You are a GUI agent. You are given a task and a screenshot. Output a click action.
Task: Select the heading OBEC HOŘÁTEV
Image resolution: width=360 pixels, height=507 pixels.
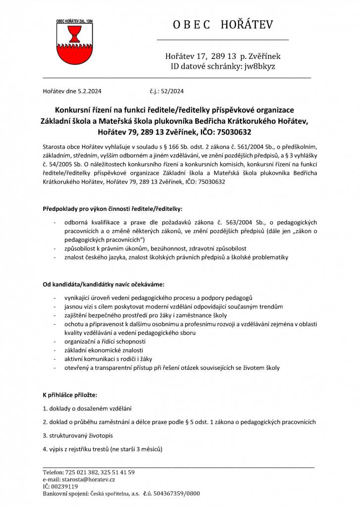tap(223, 25)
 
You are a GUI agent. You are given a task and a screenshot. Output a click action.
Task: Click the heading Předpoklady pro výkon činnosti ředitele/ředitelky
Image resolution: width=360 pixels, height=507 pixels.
tap(112, 209)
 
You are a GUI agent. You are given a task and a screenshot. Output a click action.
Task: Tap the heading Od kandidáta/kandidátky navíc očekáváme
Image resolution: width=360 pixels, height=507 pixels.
tap(103, 285)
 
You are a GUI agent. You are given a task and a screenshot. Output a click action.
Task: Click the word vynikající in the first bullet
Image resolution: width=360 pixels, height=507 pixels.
tap(79, 298)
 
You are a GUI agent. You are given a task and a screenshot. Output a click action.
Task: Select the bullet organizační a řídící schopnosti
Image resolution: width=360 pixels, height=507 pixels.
tap(105, 342)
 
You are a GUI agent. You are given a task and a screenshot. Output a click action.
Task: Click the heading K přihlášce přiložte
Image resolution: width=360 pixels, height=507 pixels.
tap(70, 395)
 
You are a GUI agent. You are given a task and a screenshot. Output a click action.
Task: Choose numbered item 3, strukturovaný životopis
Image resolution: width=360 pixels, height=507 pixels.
tap(78, 436)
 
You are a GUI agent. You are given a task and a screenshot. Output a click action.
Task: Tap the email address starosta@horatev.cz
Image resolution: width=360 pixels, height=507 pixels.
tap(89, 479)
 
